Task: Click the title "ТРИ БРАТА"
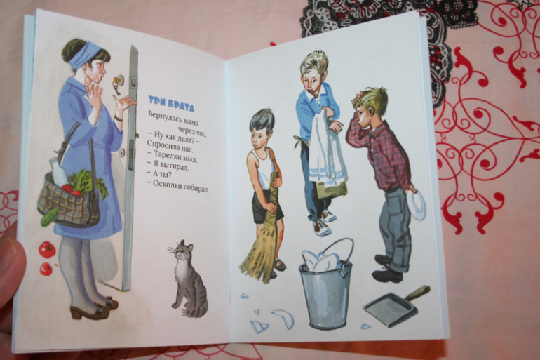[171, 104]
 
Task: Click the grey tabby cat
[189, 279]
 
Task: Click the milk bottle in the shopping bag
[58, 171]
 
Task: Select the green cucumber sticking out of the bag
[49, 217]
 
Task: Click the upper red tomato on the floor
[47, 249]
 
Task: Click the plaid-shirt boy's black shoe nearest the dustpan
[387, 275]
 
